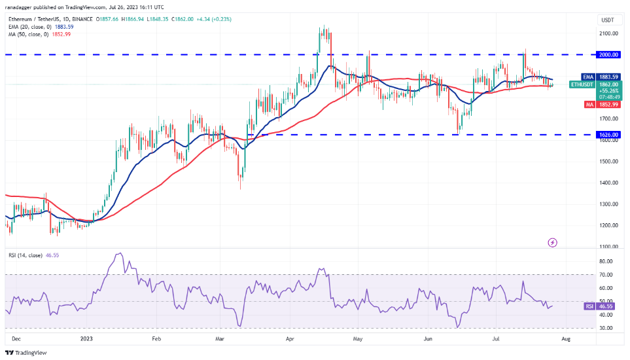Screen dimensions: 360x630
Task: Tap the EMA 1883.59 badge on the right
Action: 601,77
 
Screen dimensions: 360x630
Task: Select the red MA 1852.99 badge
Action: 601,104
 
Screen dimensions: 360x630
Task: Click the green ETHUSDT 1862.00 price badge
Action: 601,87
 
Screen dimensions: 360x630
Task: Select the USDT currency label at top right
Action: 608,20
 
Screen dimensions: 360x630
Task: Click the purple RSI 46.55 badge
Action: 601,306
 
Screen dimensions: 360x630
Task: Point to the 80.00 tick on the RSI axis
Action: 606,261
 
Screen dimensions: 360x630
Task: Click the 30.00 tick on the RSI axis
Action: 606,328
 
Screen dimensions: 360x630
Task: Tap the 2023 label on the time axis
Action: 86,340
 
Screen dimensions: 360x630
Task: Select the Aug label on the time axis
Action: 567,340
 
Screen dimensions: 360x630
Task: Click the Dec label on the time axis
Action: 16,340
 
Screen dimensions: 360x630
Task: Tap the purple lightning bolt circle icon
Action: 552,243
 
